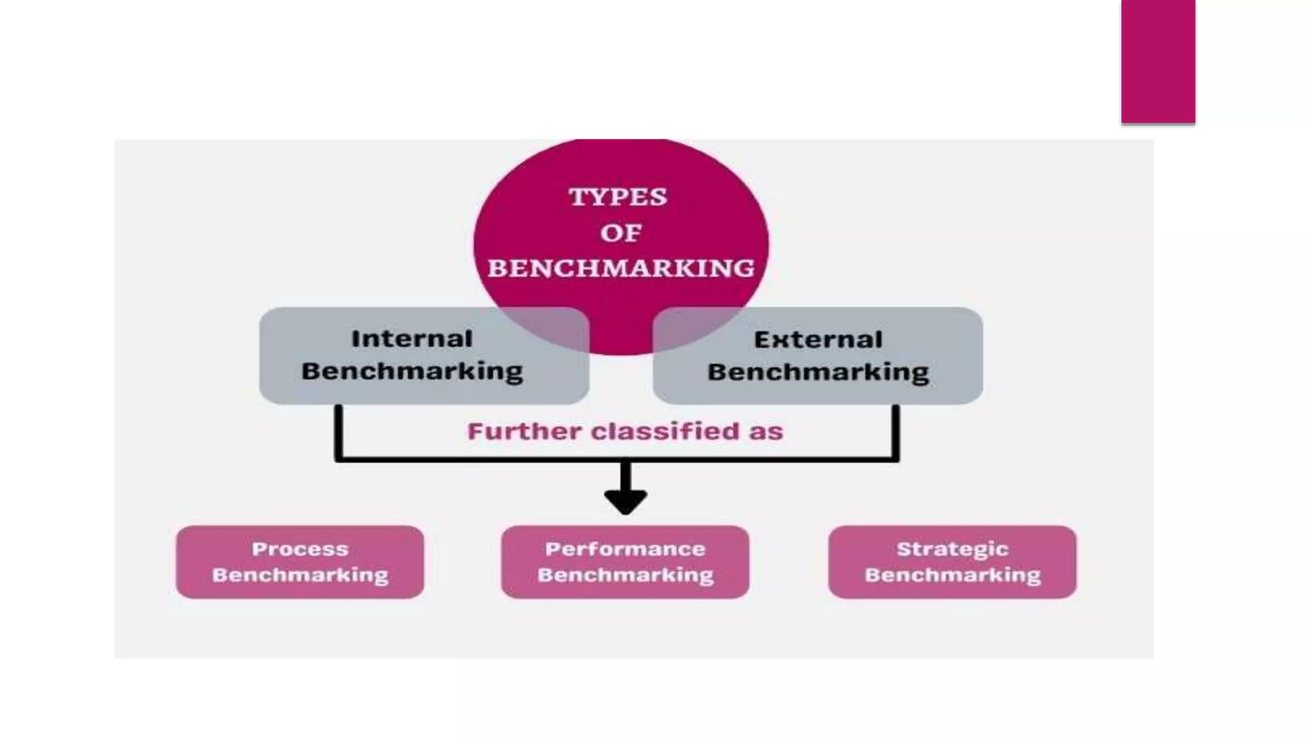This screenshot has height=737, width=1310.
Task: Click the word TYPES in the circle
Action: pyautogui.click(x=618, y=196)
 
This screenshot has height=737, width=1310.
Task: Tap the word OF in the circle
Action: pyautogui.click(x=620, y=233)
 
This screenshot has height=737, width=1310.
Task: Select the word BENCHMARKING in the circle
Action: pyautogui.click(x=621, y=268)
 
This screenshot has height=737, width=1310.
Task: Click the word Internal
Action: pyautogui.click(x=412, y=338)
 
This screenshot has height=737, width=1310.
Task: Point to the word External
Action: pyautogui.click(x=818, y=340)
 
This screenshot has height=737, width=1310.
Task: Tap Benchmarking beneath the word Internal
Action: pyautogui.click(x=412, y=372)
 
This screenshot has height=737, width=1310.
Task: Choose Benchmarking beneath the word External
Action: pyautogui.click(x=818, y=372)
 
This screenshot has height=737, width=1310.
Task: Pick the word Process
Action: pyautogui.click(x=300, y=549)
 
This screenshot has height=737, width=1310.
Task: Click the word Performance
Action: pyautogui.click(x=625, y=549)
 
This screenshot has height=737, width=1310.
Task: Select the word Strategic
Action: pyautogui.click(x=952, y=549)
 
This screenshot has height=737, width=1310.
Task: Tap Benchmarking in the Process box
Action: pyautogui.click(x=300, y=575)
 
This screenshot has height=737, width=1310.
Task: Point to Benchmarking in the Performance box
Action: pyautogui.click(x=625, y=575)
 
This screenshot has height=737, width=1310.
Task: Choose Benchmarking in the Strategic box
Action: pyautogui.click(x=952, y=575)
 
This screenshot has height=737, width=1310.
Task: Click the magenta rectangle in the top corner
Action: pyautogui.click(x=1158, y=61)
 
